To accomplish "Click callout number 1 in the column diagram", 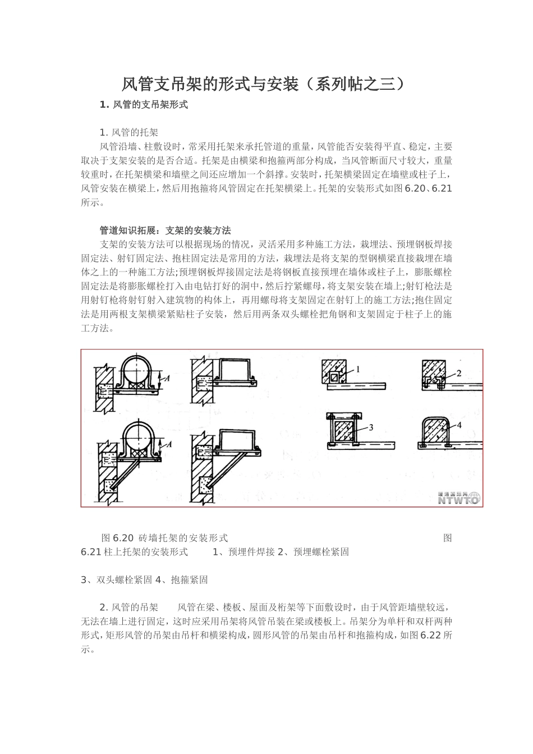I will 358,369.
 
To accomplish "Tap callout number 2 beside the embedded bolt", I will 458,373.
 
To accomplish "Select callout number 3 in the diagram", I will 371,427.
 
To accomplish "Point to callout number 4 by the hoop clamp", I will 459,425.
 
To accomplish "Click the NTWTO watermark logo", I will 458,498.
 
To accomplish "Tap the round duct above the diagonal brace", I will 138,438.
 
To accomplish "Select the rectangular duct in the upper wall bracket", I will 235,371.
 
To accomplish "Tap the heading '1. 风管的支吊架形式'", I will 144,104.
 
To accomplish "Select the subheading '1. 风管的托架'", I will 128,132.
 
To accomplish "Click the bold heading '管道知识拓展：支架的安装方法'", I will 165,230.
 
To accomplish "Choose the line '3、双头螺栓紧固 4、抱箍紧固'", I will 144,580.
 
